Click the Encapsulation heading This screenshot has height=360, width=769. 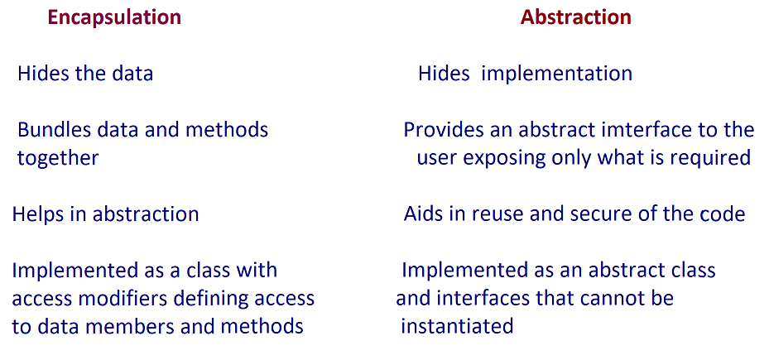click(114, 17)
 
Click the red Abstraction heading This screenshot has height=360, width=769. click(576, 17)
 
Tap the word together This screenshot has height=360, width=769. click(58, 158)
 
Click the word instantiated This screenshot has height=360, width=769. click(457, 326)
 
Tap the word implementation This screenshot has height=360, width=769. click(556, 74)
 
